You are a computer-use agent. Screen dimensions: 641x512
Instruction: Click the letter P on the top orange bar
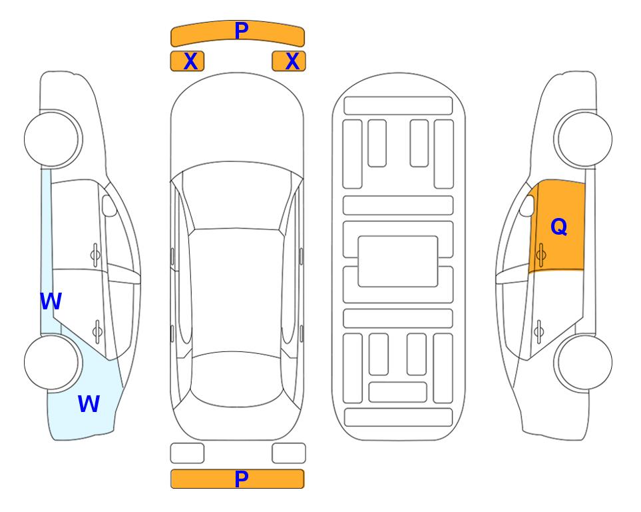point(242,31)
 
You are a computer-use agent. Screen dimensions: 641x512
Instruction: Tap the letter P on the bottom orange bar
point(242,479)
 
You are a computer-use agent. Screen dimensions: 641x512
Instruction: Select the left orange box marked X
point(187,61)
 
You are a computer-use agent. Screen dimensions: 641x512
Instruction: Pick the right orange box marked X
point(289,61)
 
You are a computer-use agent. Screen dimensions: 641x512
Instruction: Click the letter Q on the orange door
point(559,227)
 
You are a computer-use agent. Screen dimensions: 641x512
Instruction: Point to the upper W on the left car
point(51,301)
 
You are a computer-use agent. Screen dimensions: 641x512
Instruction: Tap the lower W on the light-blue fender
point(89,403)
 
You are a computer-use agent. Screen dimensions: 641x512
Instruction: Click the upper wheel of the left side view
point(53,139)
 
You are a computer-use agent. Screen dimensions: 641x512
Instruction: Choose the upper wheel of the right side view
point(584,139)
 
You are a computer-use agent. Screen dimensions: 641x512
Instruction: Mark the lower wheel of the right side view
point(584,362)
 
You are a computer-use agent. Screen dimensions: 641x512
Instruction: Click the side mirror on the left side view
point(108,205)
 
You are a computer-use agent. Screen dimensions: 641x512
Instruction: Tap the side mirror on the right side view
point(527,205)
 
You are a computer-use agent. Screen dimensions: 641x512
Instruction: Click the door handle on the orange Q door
point(540,255)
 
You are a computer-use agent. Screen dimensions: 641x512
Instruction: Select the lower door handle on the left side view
point(97,331)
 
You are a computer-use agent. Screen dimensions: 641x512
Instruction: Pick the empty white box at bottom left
point(187,453)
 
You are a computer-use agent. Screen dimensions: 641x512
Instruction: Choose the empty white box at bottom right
point(289,453)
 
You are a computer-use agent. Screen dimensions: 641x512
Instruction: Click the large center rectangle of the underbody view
point(398,261)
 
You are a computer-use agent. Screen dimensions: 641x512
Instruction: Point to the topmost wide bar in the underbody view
point(398,106)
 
